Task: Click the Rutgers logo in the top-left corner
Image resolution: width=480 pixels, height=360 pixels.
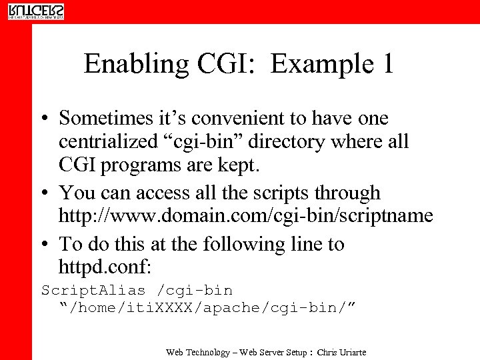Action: [36, 11]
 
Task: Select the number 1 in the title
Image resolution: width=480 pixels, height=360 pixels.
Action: [386, 64]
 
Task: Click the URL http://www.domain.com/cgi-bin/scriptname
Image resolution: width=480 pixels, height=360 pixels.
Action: [245, 217]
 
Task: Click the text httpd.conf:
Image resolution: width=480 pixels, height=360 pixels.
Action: [105, 268]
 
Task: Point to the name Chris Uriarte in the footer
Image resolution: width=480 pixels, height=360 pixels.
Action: [342, 351]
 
